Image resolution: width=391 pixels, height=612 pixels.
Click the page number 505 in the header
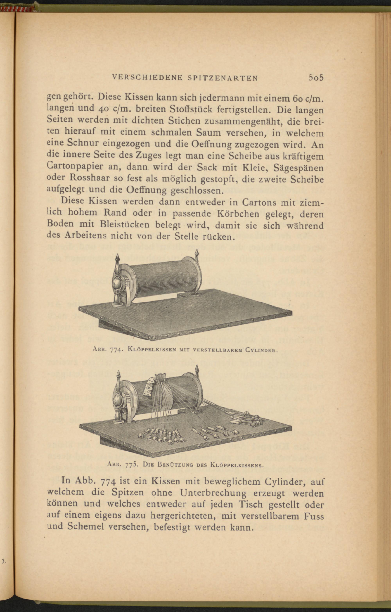pos(316,77)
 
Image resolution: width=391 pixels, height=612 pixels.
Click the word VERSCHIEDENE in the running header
pos(147,78)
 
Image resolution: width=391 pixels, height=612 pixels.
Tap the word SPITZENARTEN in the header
pos(223,78)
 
